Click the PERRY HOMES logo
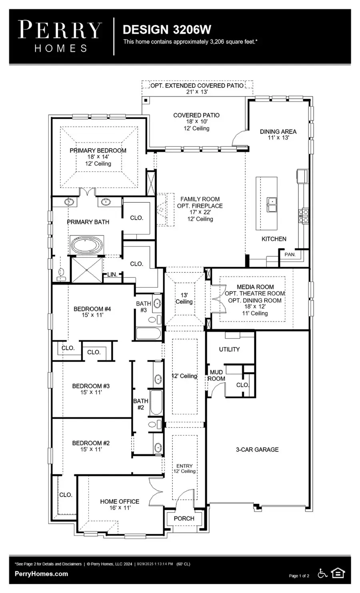pyautogui.click(x=60, y=36)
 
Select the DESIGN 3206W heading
pyautogui.click(x=167, y=30)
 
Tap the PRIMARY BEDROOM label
pyautogui.click(x=98, y=151)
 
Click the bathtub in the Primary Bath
pyautogui.click(x=87, y=245)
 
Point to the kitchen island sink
pyautogui.click(x=272, y=204)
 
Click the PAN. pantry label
pyautogui.click(x=290, y=254)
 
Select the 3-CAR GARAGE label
pyautogui.click(x=257, y=449)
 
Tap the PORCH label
pyautogui.click(x=184, y=518)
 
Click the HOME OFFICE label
pyautogui.click(x=120, y=501)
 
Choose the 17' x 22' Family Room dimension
pyautogui.click(x=200, y=212)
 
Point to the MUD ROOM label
pyautogui.click(x=216, y=375)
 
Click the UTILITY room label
pyautogui.click(x=229, y=349)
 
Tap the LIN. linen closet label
pyautogui.click(x=112, y=275)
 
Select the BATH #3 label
pyautogui.click(x=143, y=307)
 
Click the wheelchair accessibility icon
pyautogui.click(x=322, y=573)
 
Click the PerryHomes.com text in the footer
pyautogui.click(x=41, y=574)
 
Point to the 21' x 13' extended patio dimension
pyautogui.click(x=196, y=92)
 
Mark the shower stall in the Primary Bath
pyautogui.click(x=86, y=270)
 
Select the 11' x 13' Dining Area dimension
pyautogui.click(x=278, y=138)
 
